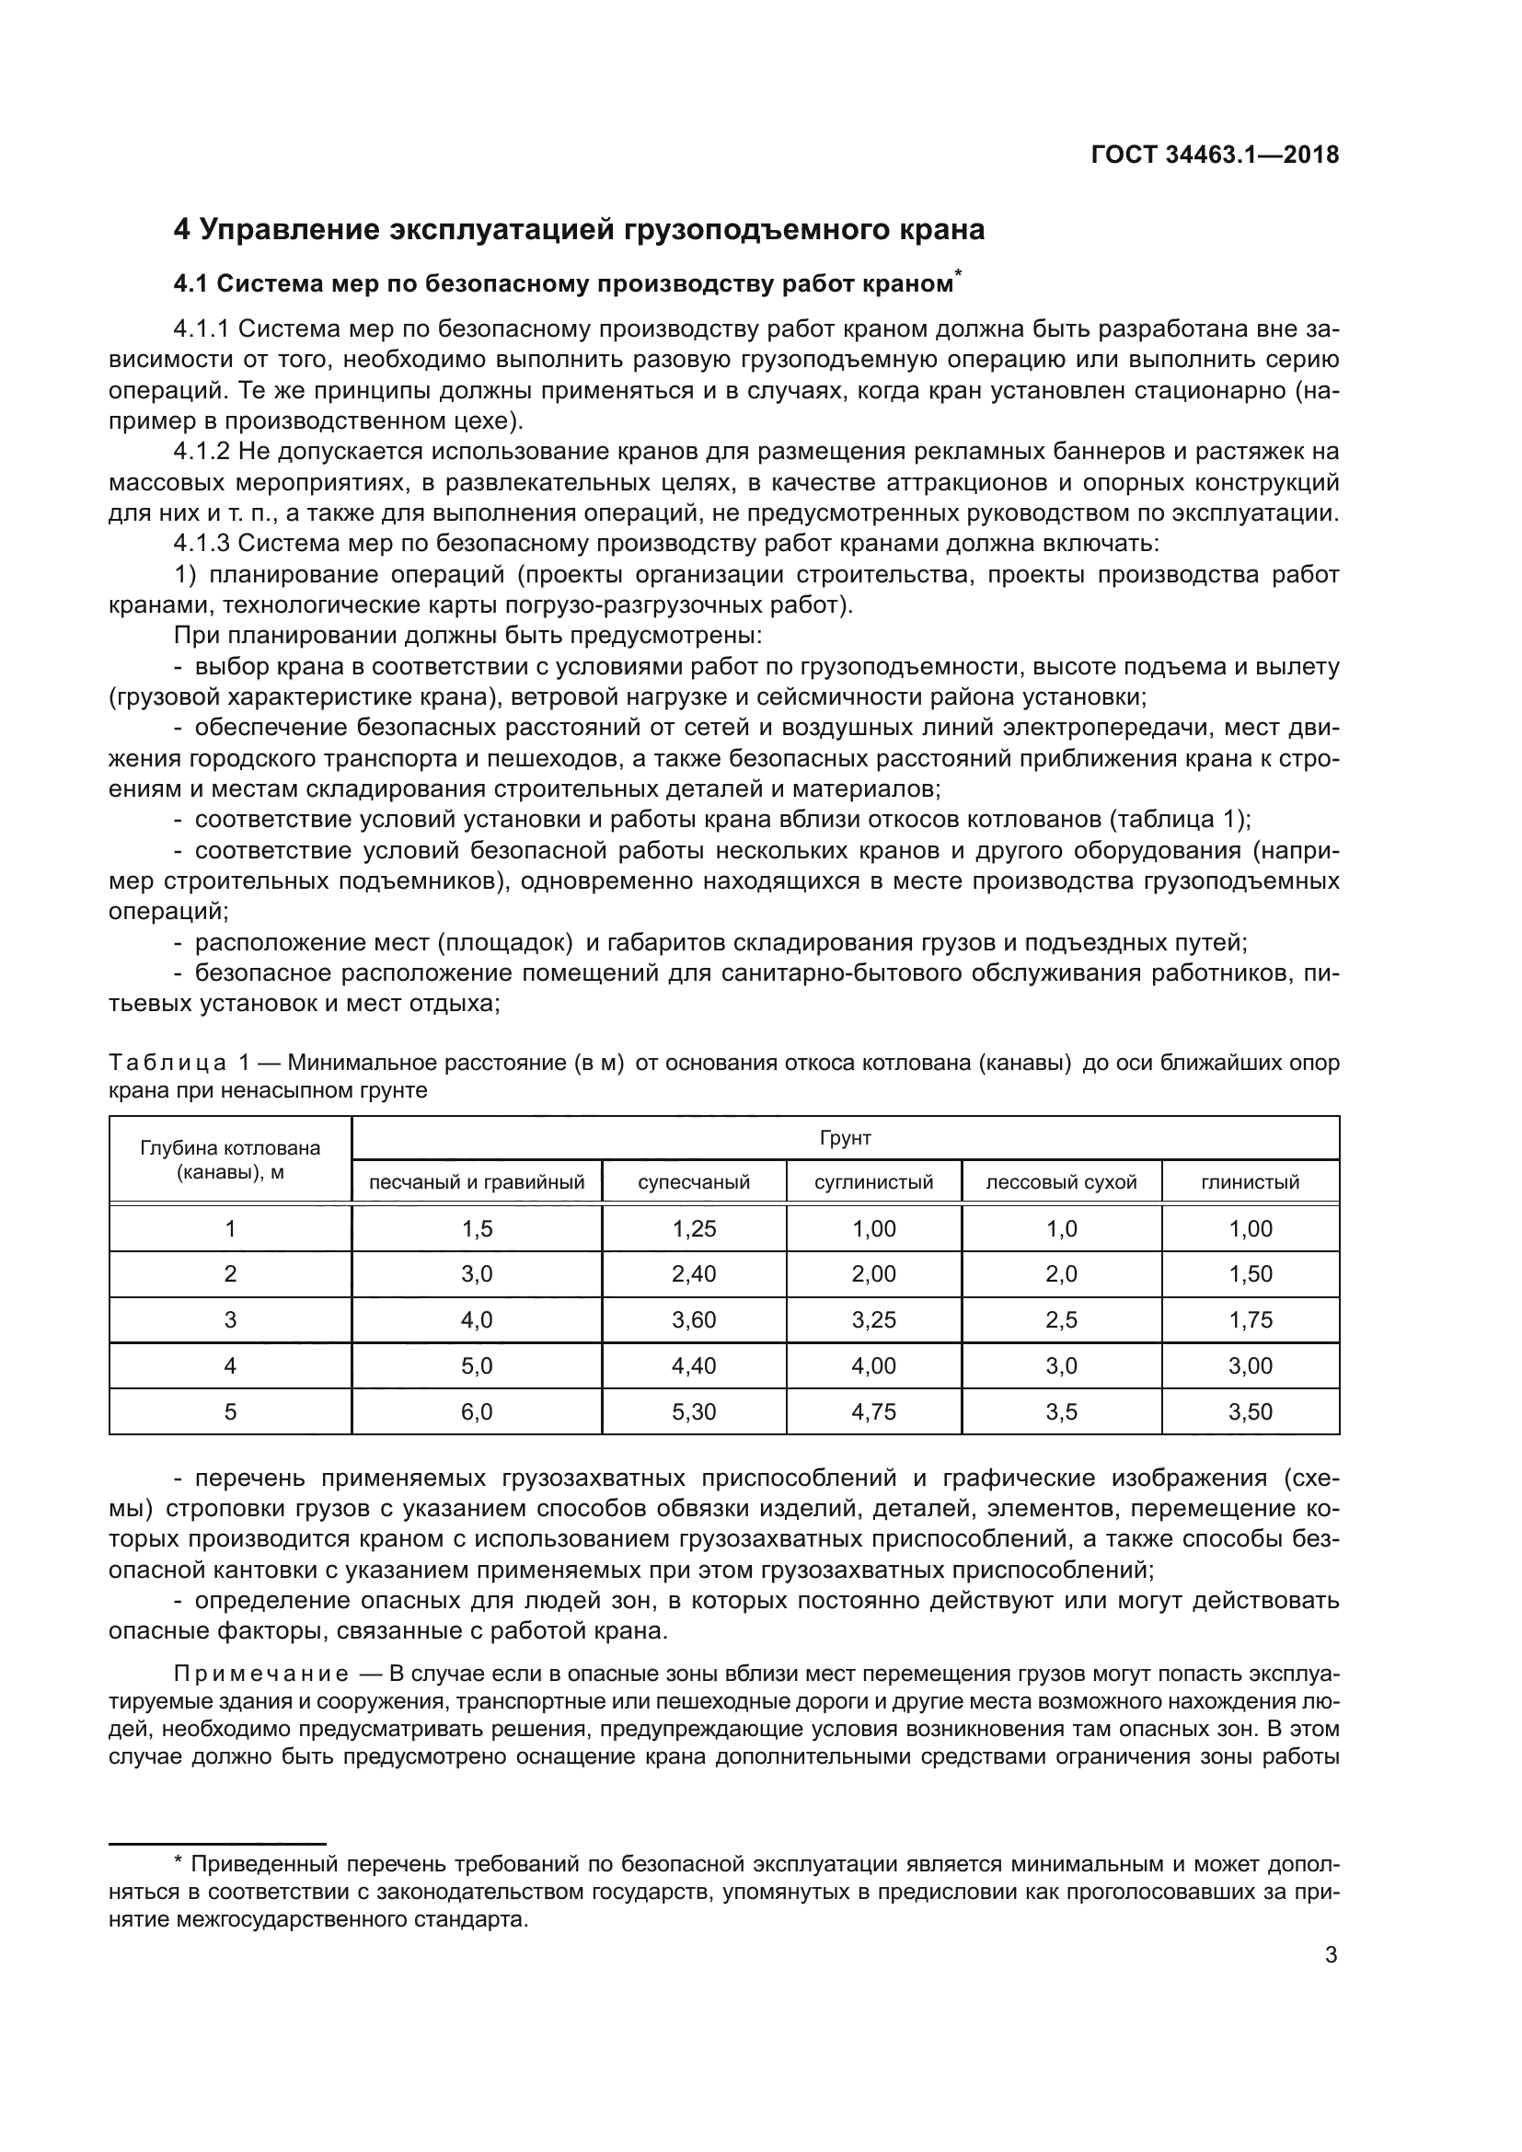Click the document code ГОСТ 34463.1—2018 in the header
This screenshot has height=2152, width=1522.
1215,155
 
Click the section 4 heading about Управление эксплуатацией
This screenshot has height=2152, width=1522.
578,230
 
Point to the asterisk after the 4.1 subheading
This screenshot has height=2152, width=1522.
958,273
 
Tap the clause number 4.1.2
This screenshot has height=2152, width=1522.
202,452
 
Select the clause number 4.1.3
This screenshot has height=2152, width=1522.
202,544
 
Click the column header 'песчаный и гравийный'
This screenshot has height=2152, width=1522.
476,1182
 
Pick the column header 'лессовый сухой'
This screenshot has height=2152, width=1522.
1061,1182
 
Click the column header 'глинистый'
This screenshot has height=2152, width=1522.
1251,1182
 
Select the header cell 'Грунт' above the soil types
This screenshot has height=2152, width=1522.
845,1138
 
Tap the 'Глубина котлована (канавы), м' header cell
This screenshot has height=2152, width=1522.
231,1159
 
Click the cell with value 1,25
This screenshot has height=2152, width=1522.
694,1229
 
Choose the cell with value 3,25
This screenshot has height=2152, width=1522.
873,1319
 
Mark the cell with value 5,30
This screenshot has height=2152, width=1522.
694,1411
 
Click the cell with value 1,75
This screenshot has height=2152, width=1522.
1251,1319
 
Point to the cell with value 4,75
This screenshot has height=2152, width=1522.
873,1411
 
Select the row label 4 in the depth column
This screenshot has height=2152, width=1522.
231,1365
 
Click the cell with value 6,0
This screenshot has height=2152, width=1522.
476,1411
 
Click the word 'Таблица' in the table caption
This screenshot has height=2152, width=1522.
167,1063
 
